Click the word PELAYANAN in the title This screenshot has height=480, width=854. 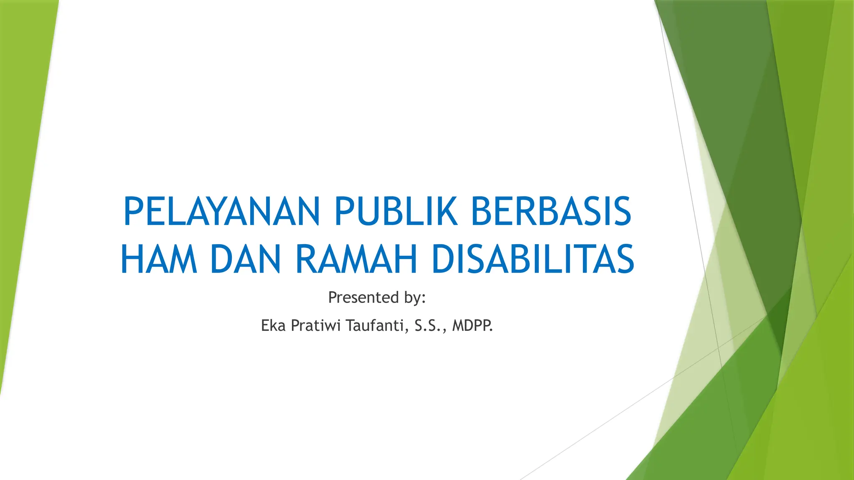coord(221,212)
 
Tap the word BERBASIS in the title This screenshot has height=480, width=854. coord(551,212)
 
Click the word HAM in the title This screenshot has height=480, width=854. coord(158,260)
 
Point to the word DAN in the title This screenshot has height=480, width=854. coord(245,260)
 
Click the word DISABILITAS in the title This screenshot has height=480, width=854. coord(532,260)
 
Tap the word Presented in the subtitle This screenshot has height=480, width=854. coord(363,297)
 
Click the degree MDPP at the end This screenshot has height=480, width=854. coord(472,325)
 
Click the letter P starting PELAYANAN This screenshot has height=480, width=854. coord(133,212)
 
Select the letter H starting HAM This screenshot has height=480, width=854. coord(132,260)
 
